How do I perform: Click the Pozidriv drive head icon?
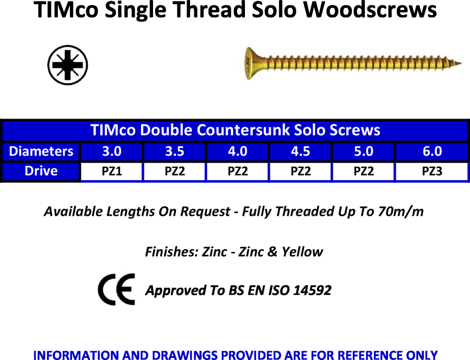coord(68,65)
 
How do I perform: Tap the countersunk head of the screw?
coord(251,63)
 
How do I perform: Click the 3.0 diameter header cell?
coord(112,152)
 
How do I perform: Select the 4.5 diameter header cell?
coord(301,152)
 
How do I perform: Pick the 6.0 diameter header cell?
coord(432,152)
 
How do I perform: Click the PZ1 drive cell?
coord(112,171)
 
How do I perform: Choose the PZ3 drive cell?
coord(432,171)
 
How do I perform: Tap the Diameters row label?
coord(41,152)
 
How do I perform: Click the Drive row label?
coord(41,171)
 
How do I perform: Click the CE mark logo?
coord(116,289)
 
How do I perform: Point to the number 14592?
coord(312,290)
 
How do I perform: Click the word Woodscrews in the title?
coord(370,10)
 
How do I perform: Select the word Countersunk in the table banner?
coord(243,130)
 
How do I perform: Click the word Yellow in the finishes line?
coord(302,252)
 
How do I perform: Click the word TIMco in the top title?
coord(66,10)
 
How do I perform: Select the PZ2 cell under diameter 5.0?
coord(363,171)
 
